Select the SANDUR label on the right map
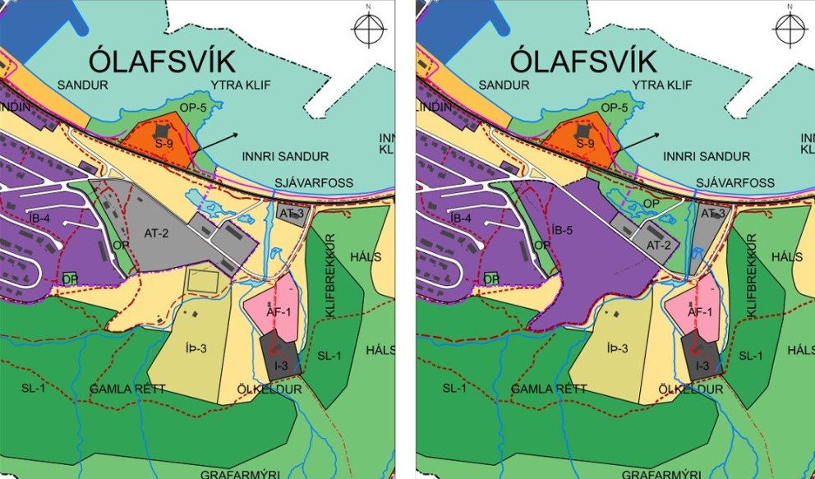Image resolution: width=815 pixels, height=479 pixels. pos(500,85)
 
